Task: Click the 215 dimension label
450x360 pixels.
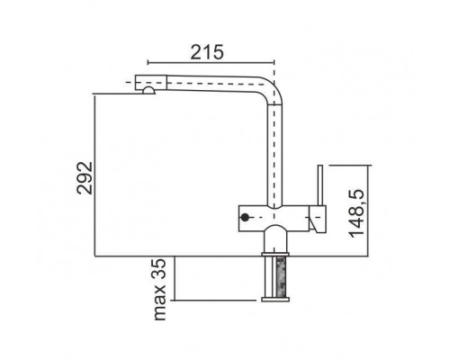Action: (207, 51)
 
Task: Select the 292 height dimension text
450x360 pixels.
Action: (85, 178)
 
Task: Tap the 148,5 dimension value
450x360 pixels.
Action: (356, 213)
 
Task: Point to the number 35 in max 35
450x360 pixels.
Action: (158, 269)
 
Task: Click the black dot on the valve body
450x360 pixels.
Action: (245, 217)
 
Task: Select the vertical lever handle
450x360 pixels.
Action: (320, 185)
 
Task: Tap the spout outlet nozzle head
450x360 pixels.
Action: (150, 83)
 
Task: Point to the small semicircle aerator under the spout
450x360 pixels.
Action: (148, 91)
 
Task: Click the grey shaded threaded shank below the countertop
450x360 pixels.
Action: (281, 277)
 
